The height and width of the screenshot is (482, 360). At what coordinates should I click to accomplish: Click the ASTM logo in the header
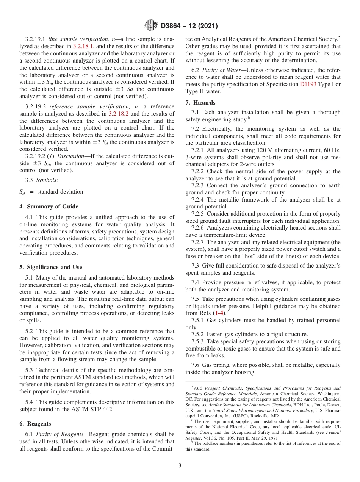coord(151,26)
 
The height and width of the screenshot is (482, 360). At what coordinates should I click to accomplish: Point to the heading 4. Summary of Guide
coord(49,207)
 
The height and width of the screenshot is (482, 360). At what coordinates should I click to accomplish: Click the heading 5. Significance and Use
coord(51,267)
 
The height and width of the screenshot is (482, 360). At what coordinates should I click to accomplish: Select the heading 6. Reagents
coord(35,424)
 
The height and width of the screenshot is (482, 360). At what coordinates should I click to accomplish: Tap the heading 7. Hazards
coord(200,103)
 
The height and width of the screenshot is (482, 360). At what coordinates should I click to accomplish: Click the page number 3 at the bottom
coord(180,466)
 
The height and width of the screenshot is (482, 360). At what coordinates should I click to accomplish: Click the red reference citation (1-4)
coord(219,313)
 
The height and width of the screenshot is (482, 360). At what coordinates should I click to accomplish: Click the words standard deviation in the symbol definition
coord(60,192)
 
